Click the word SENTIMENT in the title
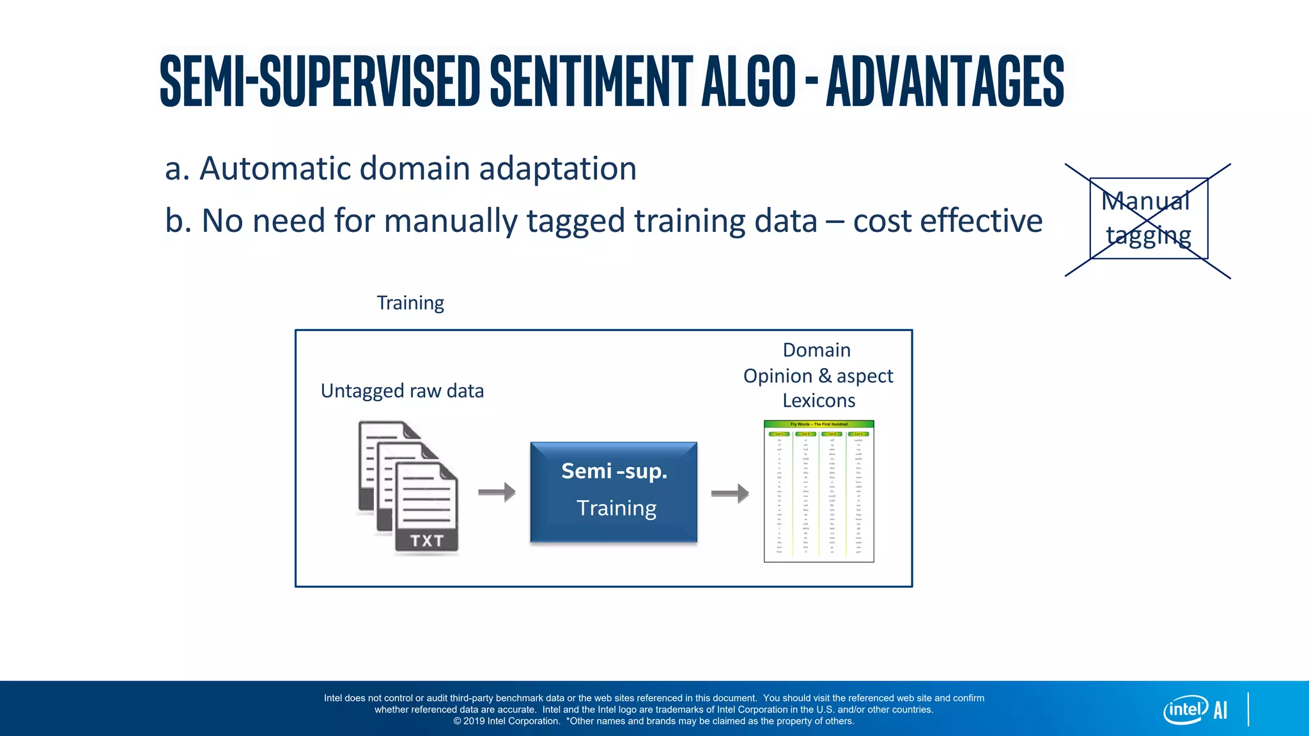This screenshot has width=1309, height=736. [591, 81]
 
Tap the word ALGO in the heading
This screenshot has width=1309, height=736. [748, 81]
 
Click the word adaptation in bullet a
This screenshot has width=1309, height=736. [557, 169]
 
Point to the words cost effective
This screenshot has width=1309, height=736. [947, 221]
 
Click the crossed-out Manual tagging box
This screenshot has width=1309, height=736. [1148, 218]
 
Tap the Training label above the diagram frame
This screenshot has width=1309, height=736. [410, 303]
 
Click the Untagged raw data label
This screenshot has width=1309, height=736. [402, 390]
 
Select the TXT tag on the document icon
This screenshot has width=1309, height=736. [426, 540]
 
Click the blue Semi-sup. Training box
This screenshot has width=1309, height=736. [614, 492]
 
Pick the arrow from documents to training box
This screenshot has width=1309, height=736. [497, 492]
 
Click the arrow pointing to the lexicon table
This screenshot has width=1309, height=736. [730, 493]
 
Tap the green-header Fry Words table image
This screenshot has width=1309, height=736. [819, 491]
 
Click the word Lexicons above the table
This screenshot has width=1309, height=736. [819, 401]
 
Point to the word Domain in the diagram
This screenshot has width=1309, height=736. [816, 350]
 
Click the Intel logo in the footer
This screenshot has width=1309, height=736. [1185, 710]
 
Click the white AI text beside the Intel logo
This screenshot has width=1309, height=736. [1220, 710]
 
